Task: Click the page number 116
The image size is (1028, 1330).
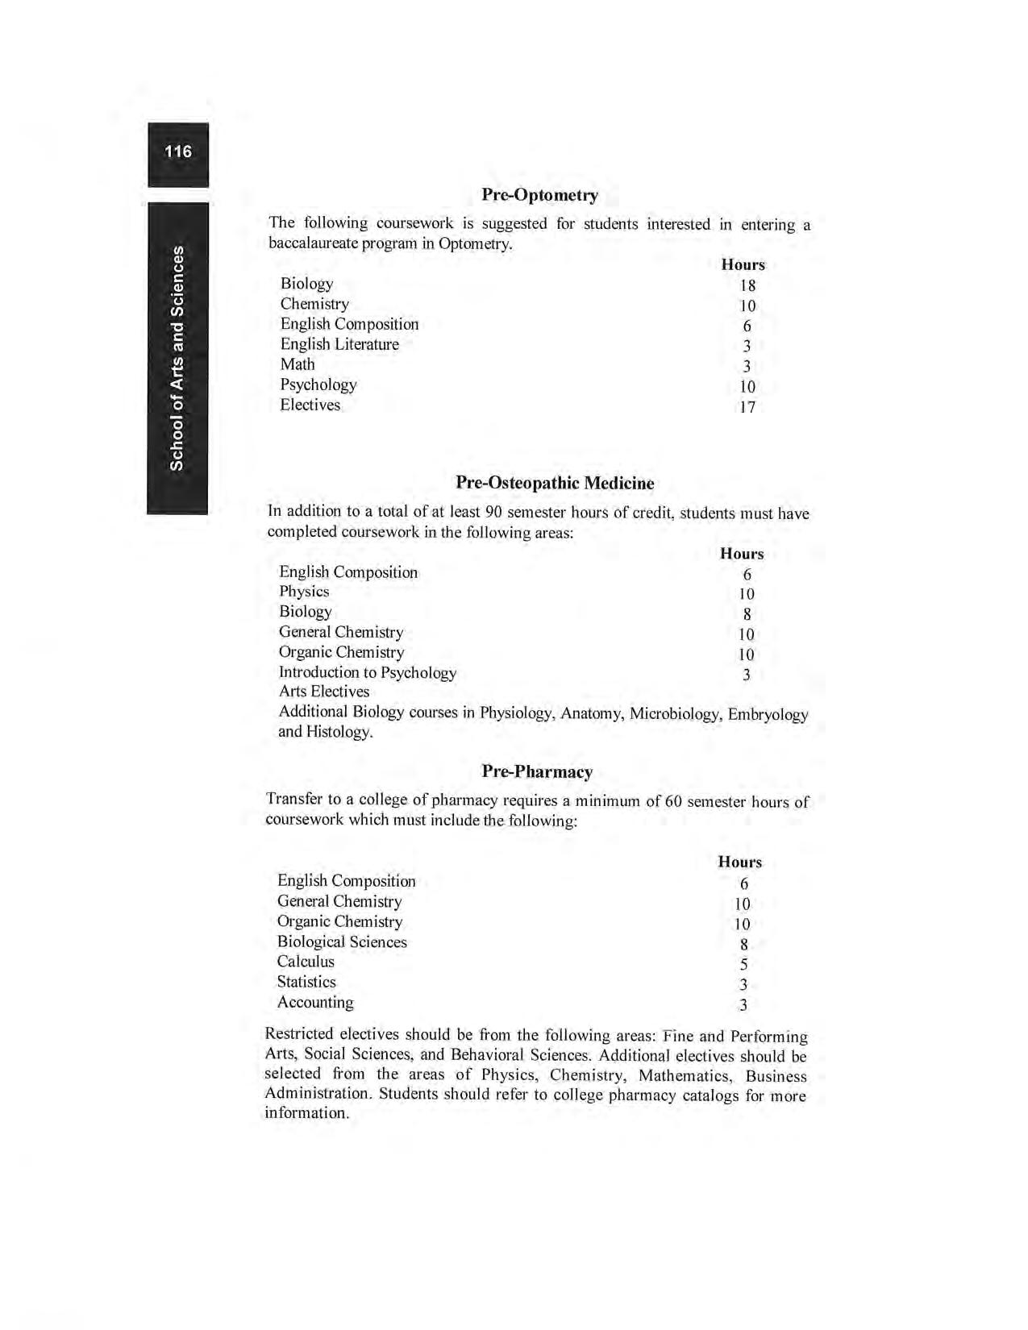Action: pyautogui.click(x=178, y=152)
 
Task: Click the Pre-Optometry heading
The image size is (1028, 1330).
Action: pyautogui.click(x=539, y=195)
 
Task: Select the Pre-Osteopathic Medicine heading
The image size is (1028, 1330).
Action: pyautogui.click(x=555, y=483)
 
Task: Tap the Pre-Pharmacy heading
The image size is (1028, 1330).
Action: pyautogui.click(x=537, y=771)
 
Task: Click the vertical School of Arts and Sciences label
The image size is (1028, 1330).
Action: pyautogui.click(x=177, y=358)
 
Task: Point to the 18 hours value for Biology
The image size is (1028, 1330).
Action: pyautogui.click(x=747, y=285)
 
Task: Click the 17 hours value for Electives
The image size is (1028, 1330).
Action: pyautogui.click(x=747, y=407)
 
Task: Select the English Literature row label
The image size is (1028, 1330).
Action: pyautogui.click(x=339, y=344)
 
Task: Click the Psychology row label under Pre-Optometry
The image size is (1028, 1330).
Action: pyautogui.click(x=318, y=384)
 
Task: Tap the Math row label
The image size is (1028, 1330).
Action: pyautogui.click(x=298, y=364)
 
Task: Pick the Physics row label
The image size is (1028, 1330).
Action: pyautogui.click(x=304, y=592)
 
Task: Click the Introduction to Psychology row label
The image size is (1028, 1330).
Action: pyautogui.click(x=368, y=672)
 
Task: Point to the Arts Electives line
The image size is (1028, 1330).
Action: pyautogui.click(x=324, y=692)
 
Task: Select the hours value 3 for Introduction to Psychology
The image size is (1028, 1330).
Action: pyautogui.click(x=747, y=675)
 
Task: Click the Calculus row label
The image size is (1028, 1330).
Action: pyautogui.click(x=306, y=962)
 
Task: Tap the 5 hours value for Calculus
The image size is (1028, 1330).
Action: pyautogui.click(x=743, y=965)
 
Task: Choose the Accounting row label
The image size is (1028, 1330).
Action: pyautogui.click(x=315, y=1002)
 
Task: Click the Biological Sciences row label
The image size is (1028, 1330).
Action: pyautogui.click(x=342, y=941)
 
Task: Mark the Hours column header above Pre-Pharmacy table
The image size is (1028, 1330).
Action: pyautogui.click(x=739, y=862)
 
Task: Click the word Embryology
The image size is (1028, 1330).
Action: pyautogui.click(x=768, y=714)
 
